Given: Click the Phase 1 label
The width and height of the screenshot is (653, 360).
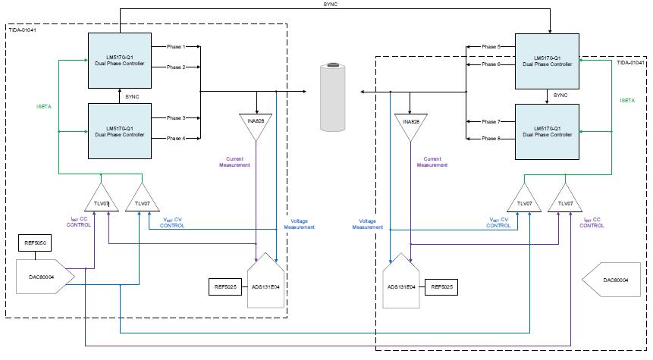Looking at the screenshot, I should (177, 48).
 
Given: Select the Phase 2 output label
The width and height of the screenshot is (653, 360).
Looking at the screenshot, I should (177, 67).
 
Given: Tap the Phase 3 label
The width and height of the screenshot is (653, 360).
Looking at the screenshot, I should (177, 118).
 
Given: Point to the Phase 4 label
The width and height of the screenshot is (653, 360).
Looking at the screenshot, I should (177, 138).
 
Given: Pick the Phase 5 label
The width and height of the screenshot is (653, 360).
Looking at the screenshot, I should (491, 47).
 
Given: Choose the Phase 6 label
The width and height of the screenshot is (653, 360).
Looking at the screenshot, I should (491, 64).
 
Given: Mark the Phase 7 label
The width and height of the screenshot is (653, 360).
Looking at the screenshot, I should (491, 121).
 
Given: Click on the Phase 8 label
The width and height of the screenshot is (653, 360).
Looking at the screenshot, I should (491, 139).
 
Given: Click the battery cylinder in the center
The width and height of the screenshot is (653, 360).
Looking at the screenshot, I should (333, 98).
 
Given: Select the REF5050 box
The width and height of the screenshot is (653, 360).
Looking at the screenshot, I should (35, 244).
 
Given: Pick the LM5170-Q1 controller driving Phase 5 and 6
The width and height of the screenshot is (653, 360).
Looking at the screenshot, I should (546, 61).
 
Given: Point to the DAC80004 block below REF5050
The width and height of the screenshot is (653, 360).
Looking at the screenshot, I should (44, 280).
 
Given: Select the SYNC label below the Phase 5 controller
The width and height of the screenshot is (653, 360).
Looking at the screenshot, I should (560, 95).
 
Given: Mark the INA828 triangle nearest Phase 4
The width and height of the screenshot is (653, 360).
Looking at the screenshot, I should (256, 124).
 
